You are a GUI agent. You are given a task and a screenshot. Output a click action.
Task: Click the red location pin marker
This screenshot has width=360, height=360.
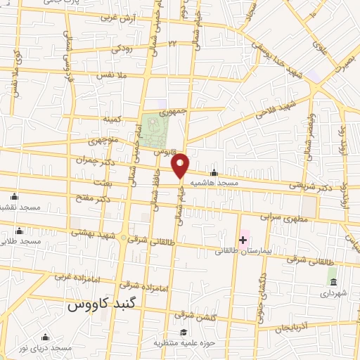tap(181, 165)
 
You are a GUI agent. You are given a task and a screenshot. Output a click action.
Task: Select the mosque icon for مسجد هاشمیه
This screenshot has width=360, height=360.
tap(214, 174)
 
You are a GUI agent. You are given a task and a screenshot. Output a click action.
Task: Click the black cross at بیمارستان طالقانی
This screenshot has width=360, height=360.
tap(243, 240)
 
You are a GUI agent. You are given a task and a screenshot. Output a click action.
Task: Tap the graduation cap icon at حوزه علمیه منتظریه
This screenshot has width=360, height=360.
tap(184, 333)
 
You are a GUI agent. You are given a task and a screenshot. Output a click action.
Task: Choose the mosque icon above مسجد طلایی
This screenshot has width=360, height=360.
tap(19, 231)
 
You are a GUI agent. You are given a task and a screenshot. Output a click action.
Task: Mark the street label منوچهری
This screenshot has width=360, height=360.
tap(103, 141)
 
